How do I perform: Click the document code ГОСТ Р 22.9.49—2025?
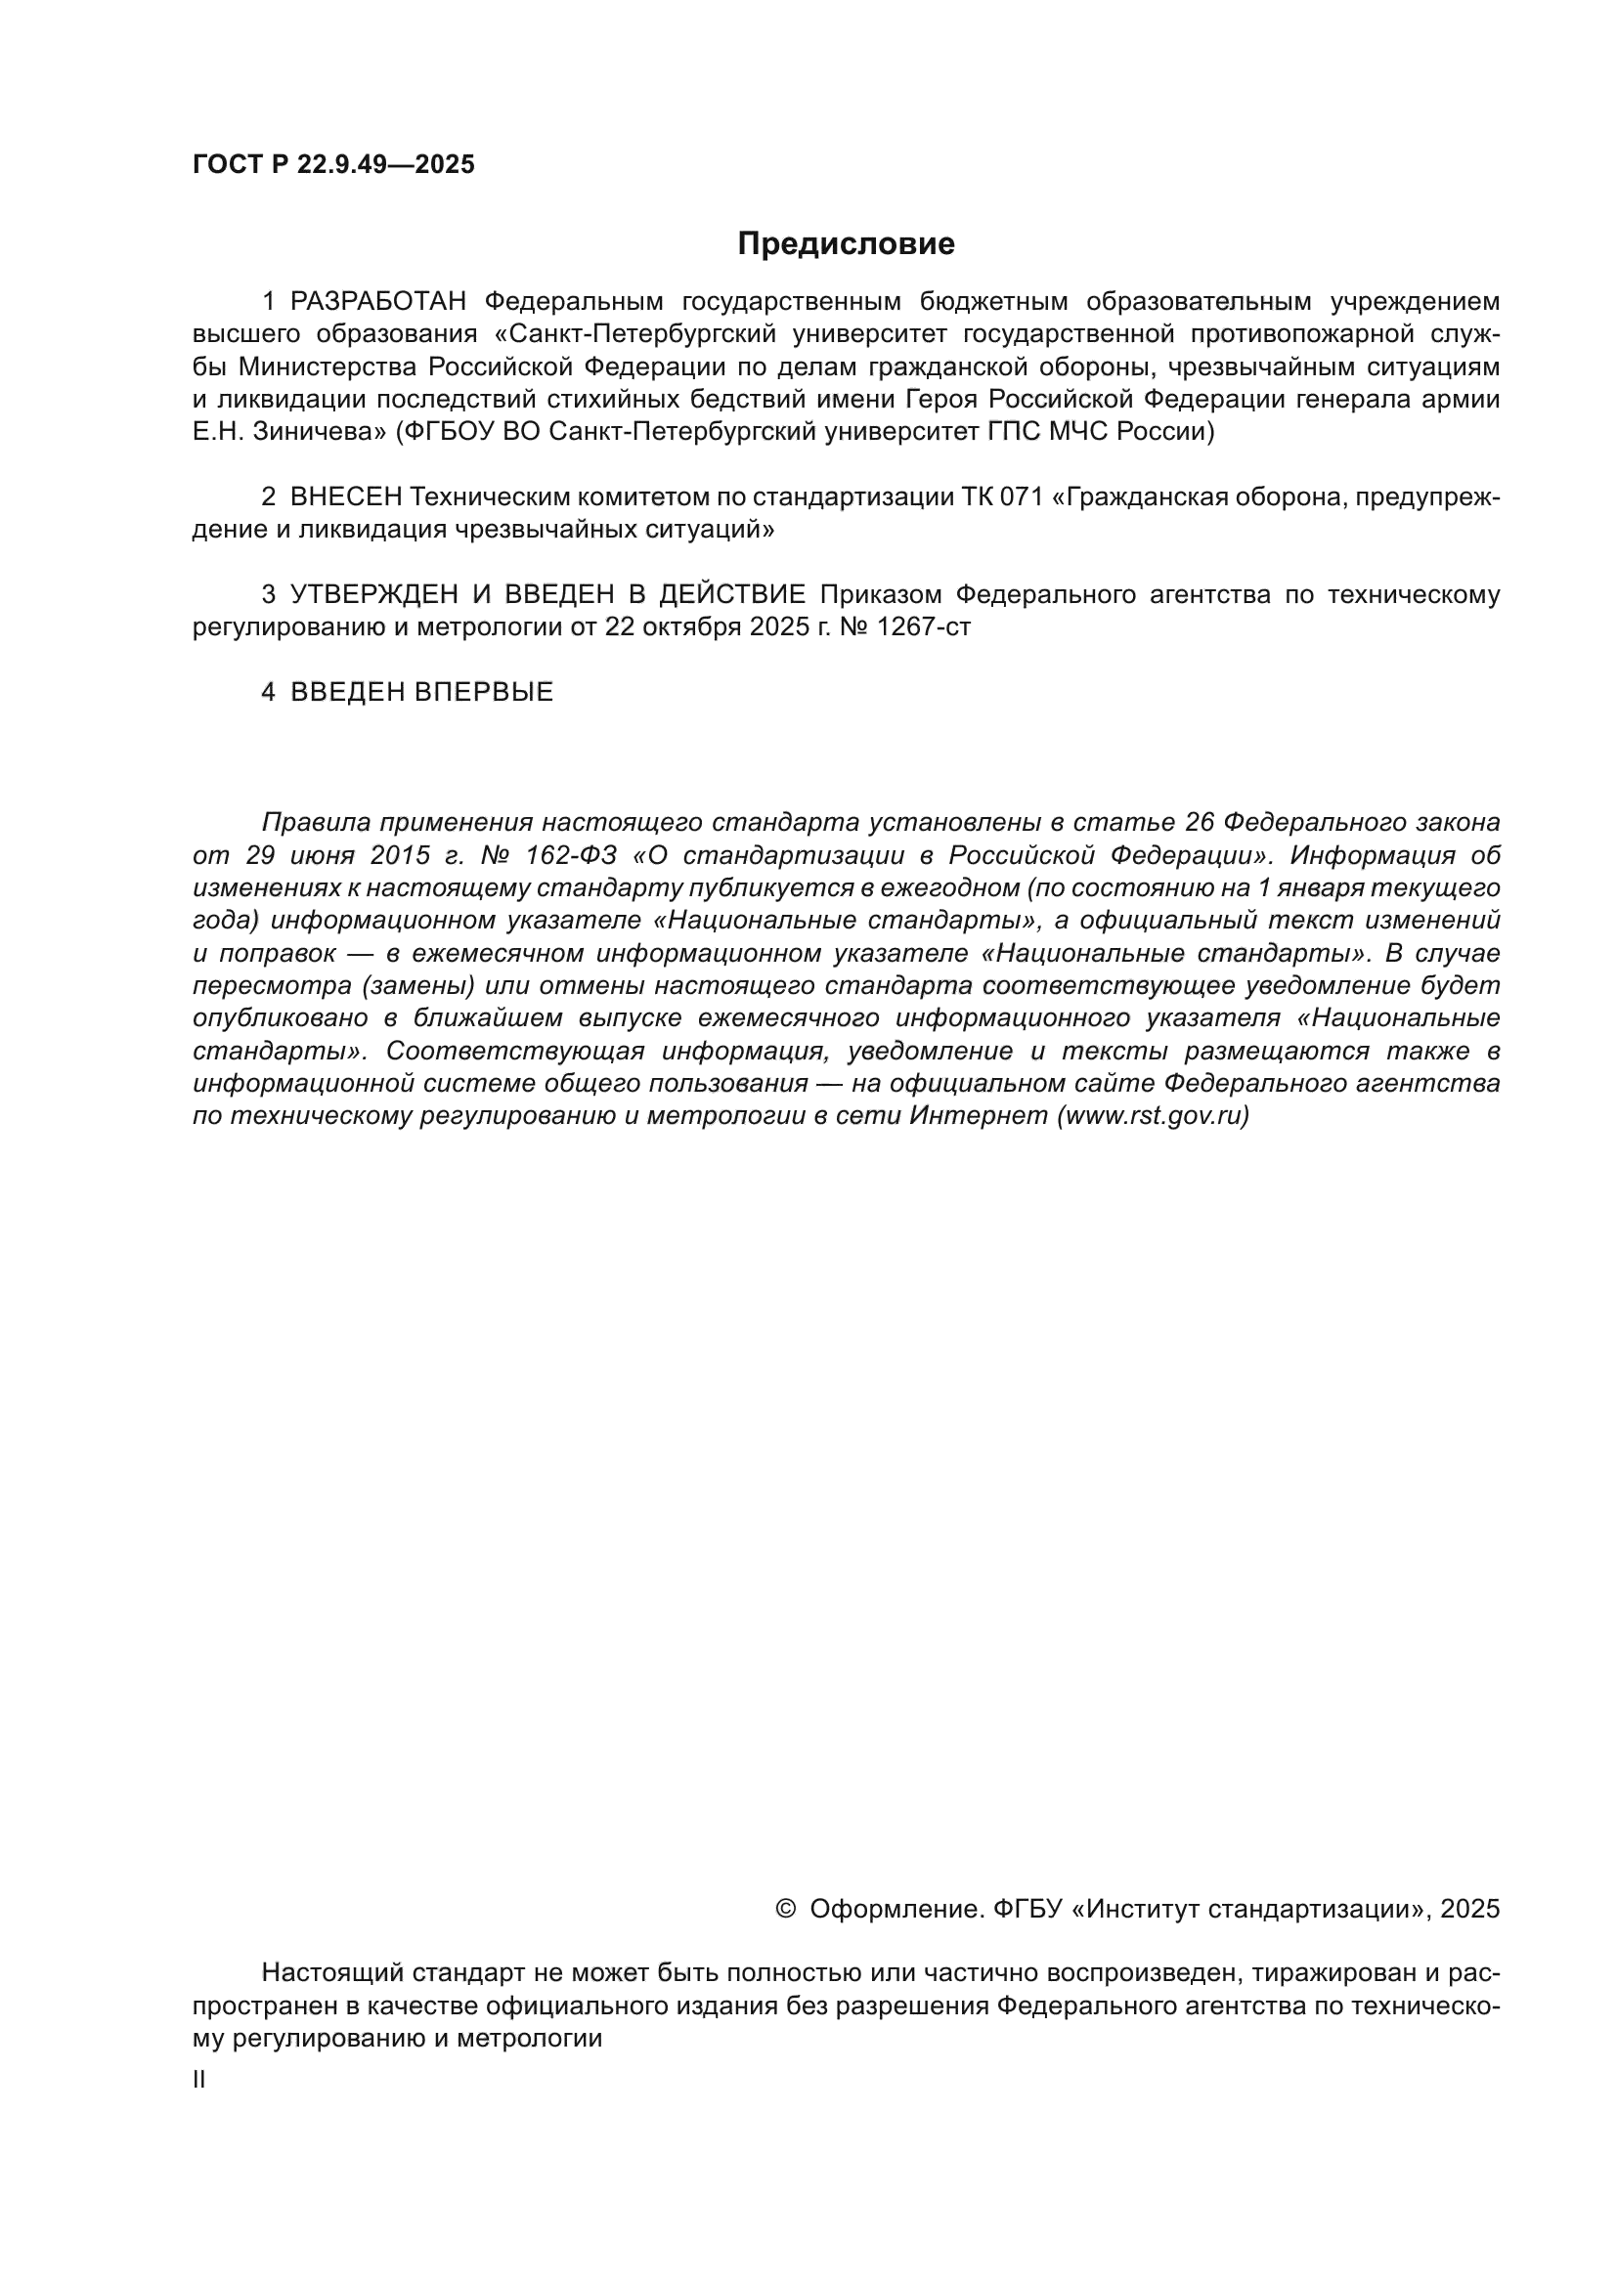(x=333, y=165)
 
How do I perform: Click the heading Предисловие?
(x=846, y=244)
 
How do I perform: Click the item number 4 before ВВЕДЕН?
(x=268, y=692)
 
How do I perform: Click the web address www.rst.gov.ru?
(x=1153, y=1116)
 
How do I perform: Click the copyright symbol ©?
(x=785, y=1909)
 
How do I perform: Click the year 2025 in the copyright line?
(x=1469, y=1909)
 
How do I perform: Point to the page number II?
(x=199, y=2080)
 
